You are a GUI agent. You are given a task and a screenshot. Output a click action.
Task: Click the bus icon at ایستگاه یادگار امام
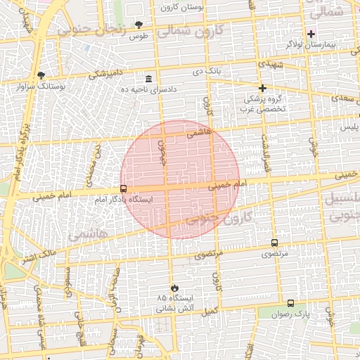click(x=124, y=188)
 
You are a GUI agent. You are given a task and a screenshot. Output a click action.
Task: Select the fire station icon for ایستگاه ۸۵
click(x=175, y=288)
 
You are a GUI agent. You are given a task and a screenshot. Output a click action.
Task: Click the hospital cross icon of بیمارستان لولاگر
click(x=311, y=34)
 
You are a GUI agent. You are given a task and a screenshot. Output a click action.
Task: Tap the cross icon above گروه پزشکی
click(x=262, y=88)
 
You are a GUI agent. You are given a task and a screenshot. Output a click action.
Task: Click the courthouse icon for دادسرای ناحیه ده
click(x=148, y=79)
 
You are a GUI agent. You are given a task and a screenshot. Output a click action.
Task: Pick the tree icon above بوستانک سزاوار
click(x=41, y=75)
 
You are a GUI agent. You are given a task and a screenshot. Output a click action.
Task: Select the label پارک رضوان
click(x=291, y=313)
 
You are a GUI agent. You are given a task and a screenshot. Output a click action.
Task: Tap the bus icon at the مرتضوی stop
click(x=274, y=243)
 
